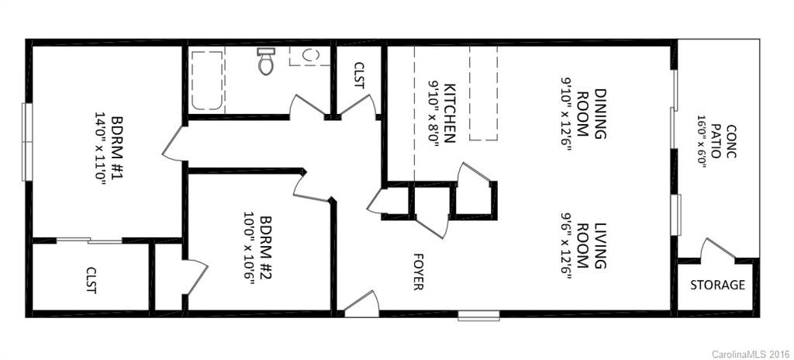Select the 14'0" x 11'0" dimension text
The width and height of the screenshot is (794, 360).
99,147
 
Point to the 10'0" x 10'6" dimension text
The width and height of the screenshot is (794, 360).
249,248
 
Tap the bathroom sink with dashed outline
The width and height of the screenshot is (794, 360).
309,55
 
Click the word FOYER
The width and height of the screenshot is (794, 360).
419,271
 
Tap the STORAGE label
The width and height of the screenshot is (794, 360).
717,285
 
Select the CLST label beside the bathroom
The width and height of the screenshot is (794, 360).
358,75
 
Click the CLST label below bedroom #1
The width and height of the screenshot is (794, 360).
91,280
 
